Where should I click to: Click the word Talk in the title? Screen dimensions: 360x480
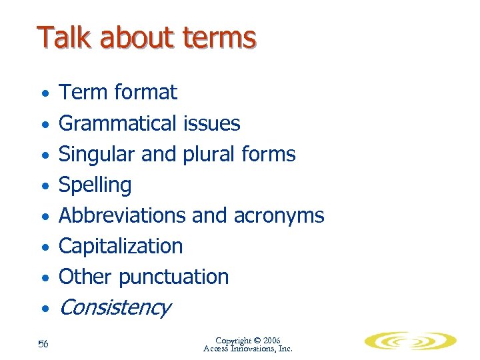63,37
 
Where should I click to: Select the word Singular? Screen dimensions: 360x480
97,154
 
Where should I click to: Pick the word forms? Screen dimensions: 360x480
269,154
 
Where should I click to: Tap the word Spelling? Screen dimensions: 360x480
95,185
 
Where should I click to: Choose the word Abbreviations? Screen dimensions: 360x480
123,215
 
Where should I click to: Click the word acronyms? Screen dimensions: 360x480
279,216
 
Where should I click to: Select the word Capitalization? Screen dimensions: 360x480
121,246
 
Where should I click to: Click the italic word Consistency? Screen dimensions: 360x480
115,307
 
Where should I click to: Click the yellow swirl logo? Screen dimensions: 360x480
410,342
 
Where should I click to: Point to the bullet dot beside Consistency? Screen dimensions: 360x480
44,309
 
